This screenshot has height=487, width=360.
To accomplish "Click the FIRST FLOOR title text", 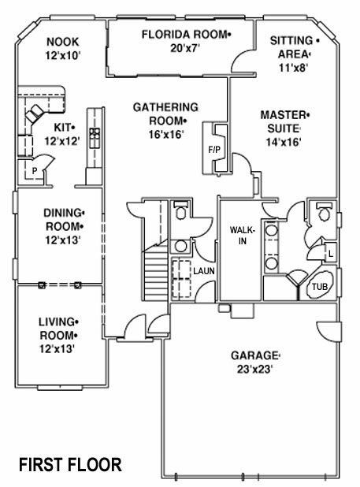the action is pos(70,465).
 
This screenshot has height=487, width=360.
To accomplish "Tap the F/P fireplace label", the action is pos(214,150).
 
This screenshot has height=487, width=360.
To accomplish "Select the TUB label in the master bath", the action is pos(320,286).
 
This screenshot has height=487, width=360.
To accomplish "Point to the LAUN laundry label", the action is pos(204,271).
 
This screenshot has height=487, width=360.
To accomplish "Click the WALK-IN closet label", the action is pos(243,235).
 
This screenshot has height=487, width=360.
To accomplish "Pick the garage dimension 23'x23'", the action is pos(254,370).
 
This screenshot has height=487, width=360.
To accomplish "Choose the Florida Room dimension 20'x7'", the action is pos(184,48).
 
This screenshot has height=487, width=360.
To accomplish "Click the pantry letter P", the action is pos(35,170).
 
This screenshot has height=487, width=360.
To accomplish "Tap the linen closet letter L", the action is pos(331,254).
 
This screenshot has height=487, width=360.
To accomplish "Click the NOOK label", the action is pos(63,42).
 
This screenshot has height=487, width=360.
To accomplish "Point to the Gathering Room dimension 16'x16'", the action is pos(166,134).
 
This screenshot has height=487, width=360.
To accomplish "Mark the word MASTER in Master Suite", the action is pos(283,115).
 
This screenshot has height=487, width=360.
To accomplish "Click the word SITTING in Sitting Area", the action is pos(291,41).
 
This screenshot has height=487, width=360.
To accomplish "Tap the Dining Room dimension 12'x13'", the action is pos(63,240).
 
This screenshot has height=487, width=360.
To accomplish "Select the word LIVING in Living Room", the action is pos(57,322).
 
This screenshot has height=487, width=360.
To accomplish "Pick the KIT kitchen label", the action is pos(62,128).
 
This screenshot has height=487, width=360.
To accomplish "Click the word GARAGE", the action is pos(254,355).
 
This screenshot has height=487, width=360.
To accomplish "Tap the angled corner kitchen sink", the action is pos(35,113).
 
